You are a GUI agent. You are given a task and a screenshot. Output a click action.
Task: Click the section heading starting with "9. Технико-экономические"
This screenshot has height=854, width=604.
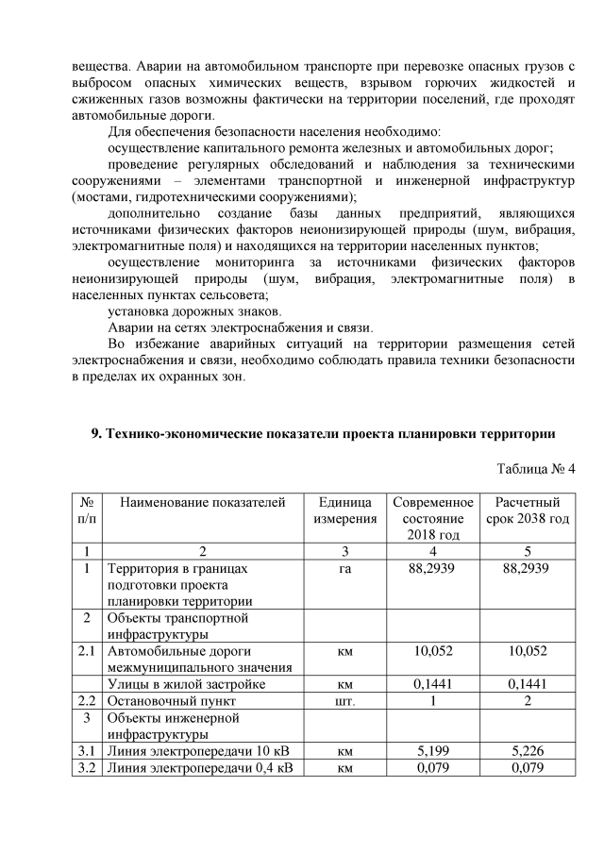tap(321, 434)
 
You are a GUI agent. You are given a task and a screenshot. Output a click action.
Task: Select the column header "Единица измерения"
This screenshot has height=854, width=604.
tap(345, 510)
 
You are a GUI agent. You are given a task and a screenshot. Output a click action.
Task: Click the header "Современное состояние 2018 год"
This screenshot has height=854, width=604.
tap(432, 518)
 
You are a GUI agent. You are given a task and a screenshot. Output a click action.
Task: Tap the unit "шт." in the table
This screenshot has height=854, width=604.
tap(345, 701)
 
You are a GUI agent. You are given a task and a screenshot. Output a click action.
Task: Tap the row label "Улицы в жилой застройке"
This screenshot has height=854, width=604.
tap(186, 684)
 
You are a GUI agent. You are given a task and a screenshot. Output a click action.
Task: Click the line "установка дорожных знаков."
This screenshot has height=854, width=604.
tap(193, 311)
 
